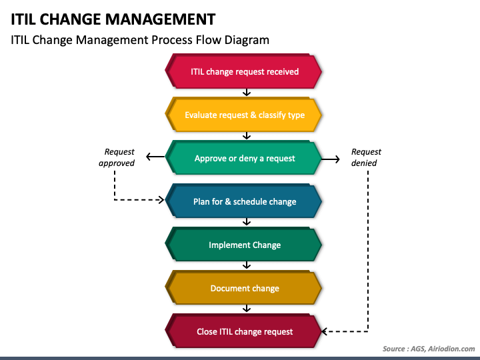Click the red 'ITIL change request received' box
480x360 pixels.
pos(243,71)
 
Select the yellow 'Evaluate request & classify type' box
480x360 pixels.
pos(243,115)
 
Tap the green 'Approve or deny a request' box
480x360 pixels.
pos(243,158)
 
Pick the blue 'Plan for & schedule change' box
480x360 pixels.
pos(243,201)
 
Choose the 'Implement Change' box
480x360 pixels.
pos(243,245)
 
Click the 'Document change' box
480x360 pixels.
pos(243,288)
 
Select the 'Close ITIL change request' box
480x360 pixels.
pos(243,331)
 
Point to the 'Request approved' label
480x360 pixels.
pos(117,157)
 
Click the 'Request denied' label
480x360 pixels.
pos(366,157)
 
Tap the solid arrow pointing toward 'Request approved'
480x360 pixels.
pos(155,157)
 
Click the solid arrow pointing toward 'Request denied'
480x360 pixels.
pos(331,159)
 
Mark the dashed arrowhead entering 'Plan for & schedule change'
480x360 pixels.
pos(161,200)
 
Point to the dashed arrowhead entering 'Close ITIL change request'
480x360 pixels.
pos(325,331)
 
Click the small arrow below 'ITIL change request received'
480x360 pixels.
pos(247,93)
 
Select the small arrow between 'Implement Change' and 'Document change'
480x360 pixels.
pos(247,265)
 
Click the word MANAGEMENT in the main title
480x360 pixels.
pos(161,19)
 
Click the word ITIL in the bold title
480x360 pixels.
pos(23,19)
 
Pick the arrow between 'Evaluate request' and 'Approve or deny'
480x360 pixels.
pos(247,136)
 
